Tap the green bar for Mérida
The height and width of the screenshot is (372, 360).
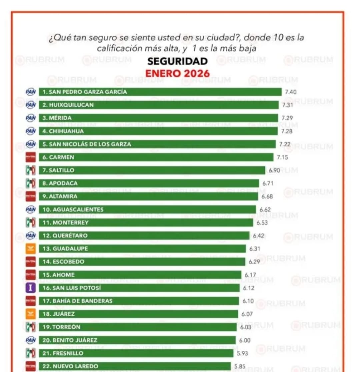point(158,118)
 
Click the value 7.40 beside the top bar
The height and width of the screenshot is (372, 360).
point(291,92)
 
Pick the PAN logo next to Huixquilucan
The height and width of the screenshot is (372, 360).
point(31,105)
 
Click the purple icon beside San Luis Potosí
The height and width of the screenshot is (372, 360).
point(31,288)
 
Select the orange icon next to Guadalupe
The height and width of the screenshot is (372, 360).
point(31,248)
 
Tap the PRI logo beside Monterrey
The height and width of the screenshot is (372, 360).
point(31,222)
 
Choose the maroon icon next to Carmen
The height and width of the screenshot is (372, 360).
point(31,157)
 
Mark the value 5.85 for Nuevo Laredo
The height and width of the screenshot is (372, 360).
point(240,366)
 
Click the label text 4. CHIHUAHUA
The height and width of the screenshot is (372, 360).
point(63,131)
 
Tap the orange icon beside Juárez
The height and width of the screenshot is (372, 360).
point(31,314)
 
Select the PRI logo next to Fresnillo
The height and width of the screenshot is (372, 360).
point(31,353)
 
